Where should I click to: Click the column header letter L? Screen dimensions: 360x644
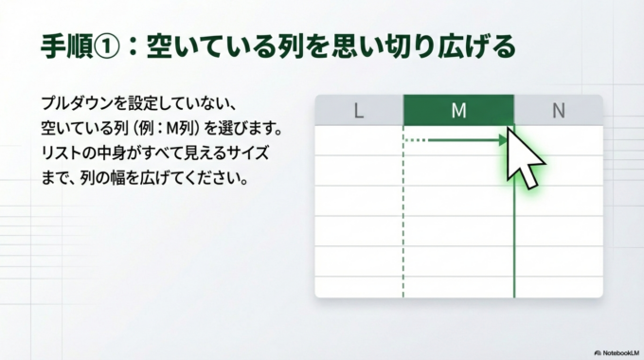coord(358,111)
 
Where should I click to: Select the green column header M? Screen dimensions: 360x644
coord(458,111)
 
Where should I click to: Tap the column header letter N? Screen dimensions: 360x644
coord(558,111)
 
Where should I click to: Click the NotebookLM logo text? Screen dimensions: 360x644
coord(613,350)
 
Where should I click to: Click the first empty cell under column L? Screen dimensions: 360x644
coord(358,140)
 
